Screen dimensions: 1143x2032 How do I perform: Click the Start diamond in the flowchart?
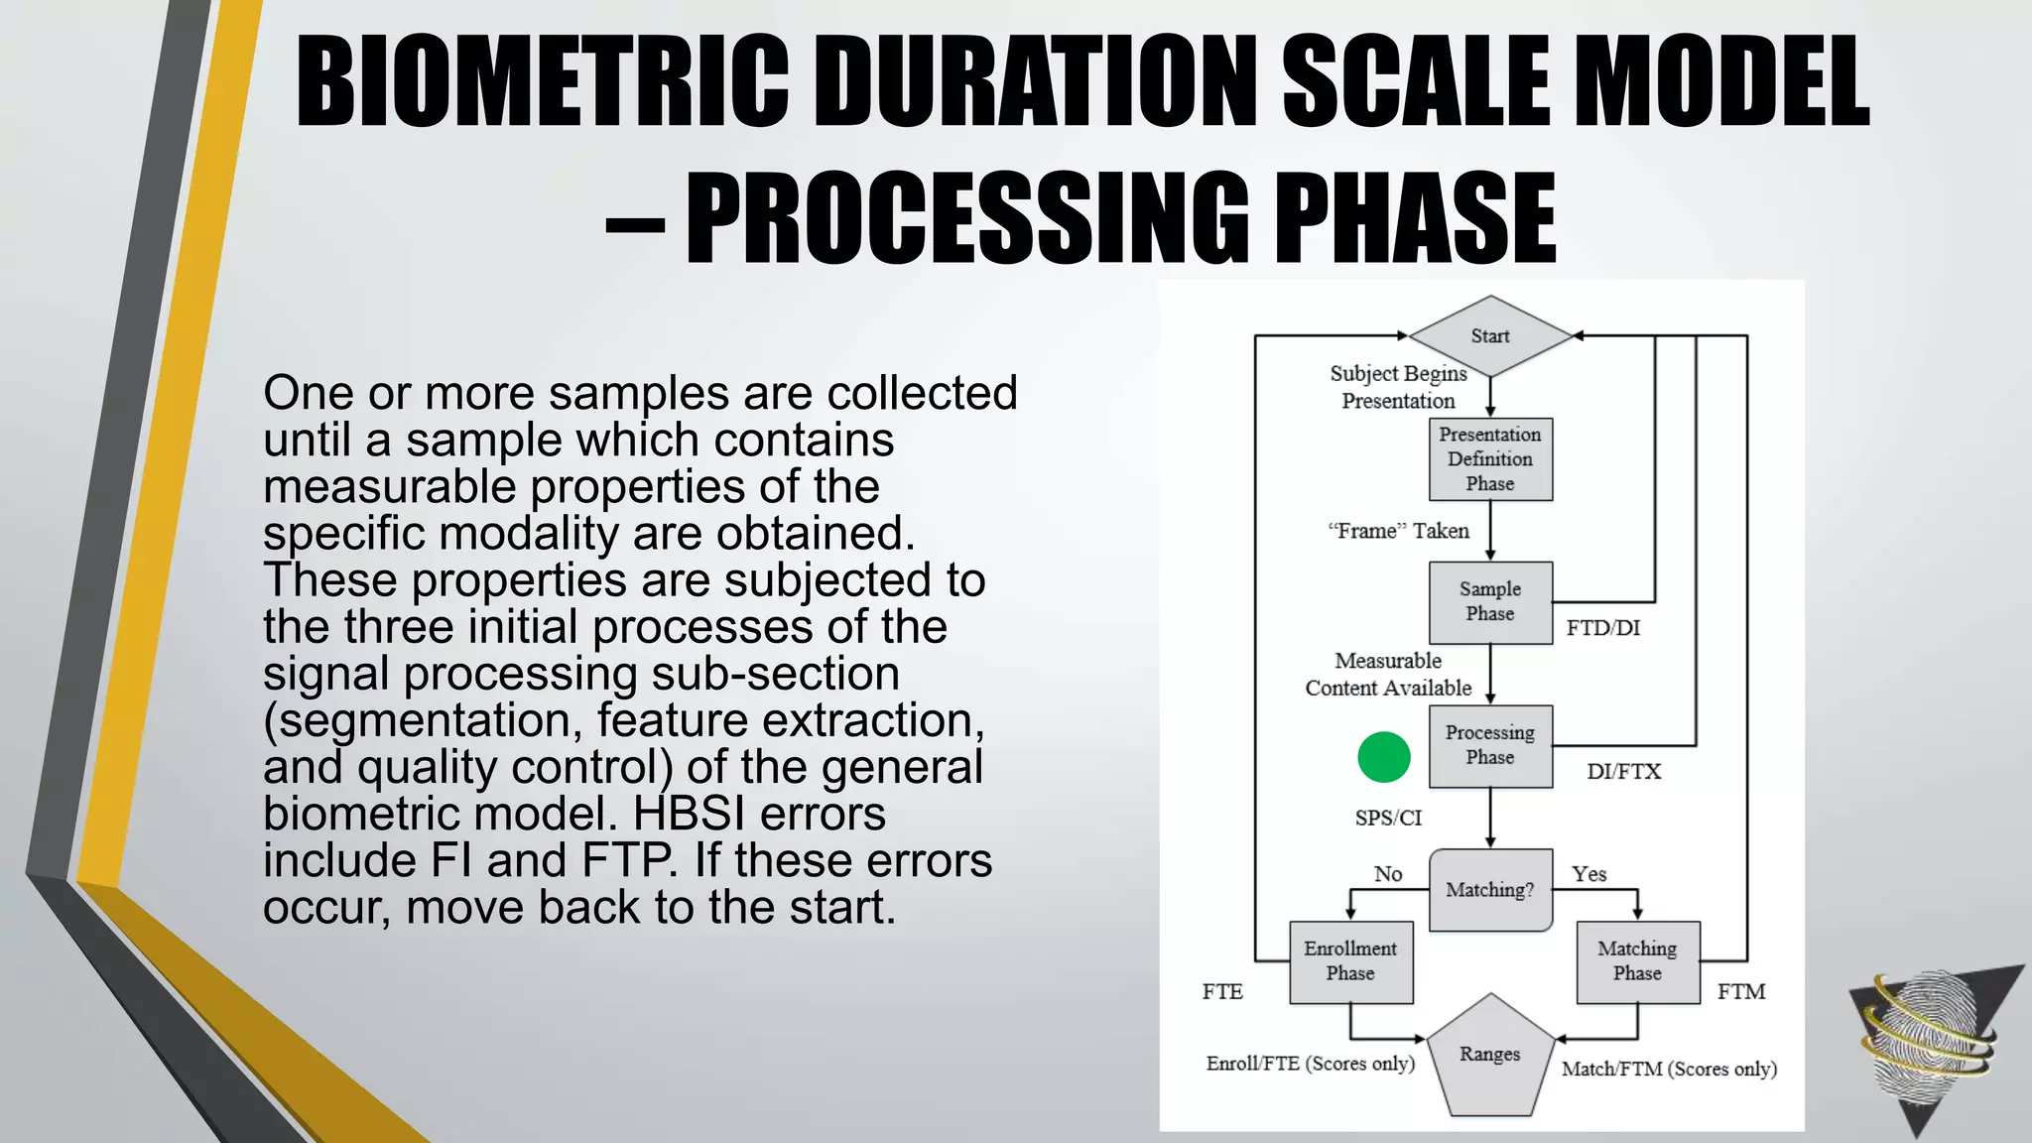[1490, 336]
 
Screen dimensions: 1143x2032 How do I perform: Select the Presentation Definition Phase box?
[1490, 459]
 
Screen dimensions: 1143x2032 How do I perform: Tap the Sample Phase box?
[1490, 602]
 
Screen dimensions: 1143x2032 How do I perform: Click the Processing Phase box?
[1490, 745]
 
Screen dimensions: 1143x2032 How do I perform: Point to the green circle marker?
[1384, 757]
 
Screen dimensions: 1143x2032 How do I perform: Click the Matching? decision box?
[1490, 890]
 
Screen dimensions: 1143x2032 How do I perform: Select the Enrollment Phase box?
[1350, 961]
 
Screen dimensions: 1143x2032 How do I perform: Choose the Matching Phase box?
[1637, 961]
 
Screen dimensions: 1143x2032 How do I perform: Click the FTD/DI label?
[1603, 628]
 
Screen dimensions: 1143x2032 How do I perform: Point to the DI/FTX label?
[1623, 772]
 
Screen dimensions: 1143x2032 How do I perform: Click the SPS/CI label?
[1388, 819]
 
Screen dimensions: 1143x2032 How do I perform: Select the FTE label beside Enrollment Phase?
[1222, 992]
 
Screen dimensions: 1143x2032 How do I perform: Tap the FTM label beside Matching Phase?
[1741, 992]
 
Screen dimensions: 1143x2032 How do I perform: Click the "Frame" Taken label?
[1398, 532]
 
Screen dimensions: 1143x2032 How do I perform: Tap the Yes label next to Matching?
[1588, 874]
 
